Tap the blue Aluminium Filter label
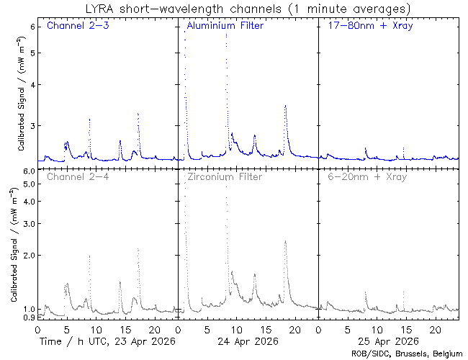click(x=225, y=27)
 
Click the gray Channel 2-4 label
click(x=77, y=176)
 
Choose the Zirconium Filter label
click(x=224, y=176)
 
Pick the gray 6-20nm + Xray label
click(x=366, y=176)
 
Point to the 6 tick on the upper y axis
click(x=32, y=26)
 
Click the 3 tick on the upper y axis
click(x=32, y=125)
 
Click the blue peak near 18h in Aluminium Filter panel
click(x=286, y=106)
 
